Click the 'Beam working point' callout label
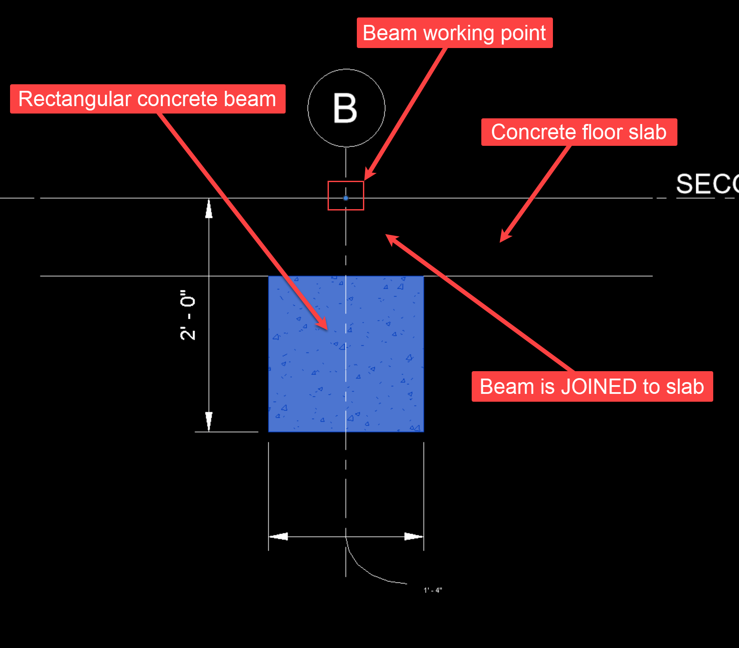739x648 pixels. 454,33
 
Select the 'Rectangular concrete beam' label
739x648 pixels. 148,99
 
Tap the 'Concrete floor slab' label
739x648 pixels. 579,132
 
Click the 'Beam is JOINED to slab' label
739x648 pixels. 592,387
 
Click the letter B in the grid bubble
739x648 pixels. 345,108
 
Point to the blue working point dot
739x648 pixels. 346,198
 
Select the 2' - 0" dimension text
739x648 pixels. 188,314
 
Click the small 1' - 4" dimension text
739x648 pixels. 433,590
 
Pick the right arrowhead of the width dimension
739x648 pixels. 414,536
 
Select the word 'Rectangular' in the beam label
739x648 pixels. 75,99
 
